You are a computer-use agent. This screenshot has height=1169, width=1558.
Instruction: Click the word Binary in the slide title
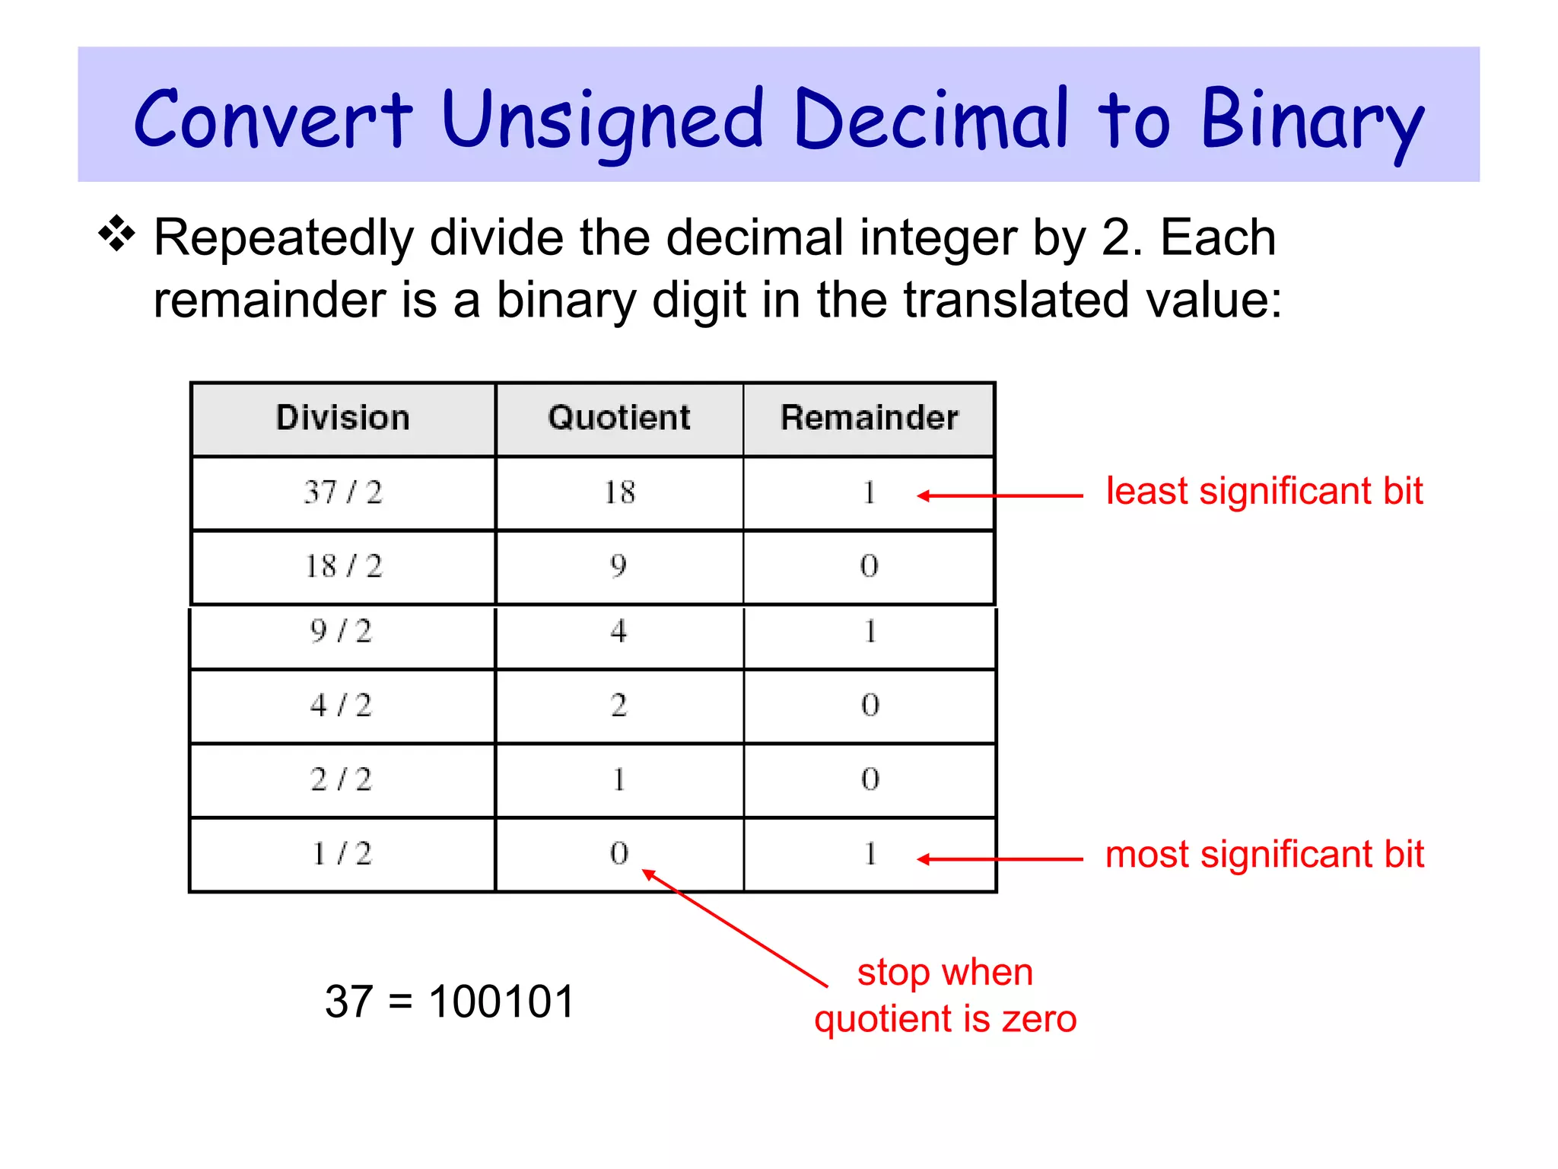point(1311,122)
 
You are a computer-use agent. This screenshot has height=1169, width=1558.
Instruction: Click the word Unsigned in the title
point(601,122)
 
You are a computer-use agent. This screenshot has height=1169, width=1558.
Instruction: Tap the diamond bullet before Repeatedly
point(116,234)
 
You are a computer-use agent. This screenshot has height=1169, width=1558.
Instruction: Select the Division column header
point(342,418)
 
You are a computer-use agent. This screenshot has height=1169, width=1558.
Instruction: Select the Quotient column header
point(619,418)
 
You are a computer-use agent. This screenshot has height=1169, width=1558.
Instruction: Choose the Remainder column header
point(869,418)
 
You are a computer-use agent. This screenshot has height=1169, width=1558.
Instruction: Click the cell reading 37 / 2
point(342,492)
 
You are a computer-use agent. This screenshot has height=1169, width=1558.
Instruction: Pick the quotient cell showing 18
point(619,492)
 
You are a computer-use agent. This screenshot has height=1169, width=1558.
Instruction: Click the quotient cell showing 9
point(618,565)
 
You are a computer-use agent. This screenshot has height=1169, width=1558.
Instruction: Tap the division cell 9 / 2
point(341,632)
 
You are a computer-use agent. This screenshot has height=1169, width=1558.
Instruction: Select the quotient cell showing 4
point(618,632)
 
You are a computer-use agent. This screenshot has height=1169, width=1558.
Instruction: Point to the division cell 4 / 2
point(341,706)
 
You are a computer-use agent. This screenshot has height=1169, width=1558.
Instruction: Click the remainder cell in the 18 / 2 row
point(869,565)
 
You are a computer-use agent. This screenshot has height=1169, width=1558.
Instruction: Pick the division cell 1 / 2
point(341,854)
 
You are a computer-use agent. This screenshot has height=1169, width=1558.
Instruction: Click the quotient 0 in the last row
point(618,854)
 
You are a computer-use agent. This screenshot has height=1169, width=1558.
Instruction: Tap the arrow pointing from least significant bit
point(1000,495)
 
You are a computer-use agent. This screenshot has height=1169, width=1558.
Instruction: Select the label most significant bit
point(1264,854)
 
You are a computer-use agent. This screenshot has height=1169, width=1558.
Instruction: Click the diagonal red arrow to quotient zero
point(736,929)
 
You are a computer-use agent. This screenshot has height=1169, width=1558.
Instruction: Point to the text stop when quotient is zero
point(946,995)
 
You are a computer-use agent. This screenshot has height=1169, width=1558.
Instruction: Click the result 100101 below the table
point(501,1001)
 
